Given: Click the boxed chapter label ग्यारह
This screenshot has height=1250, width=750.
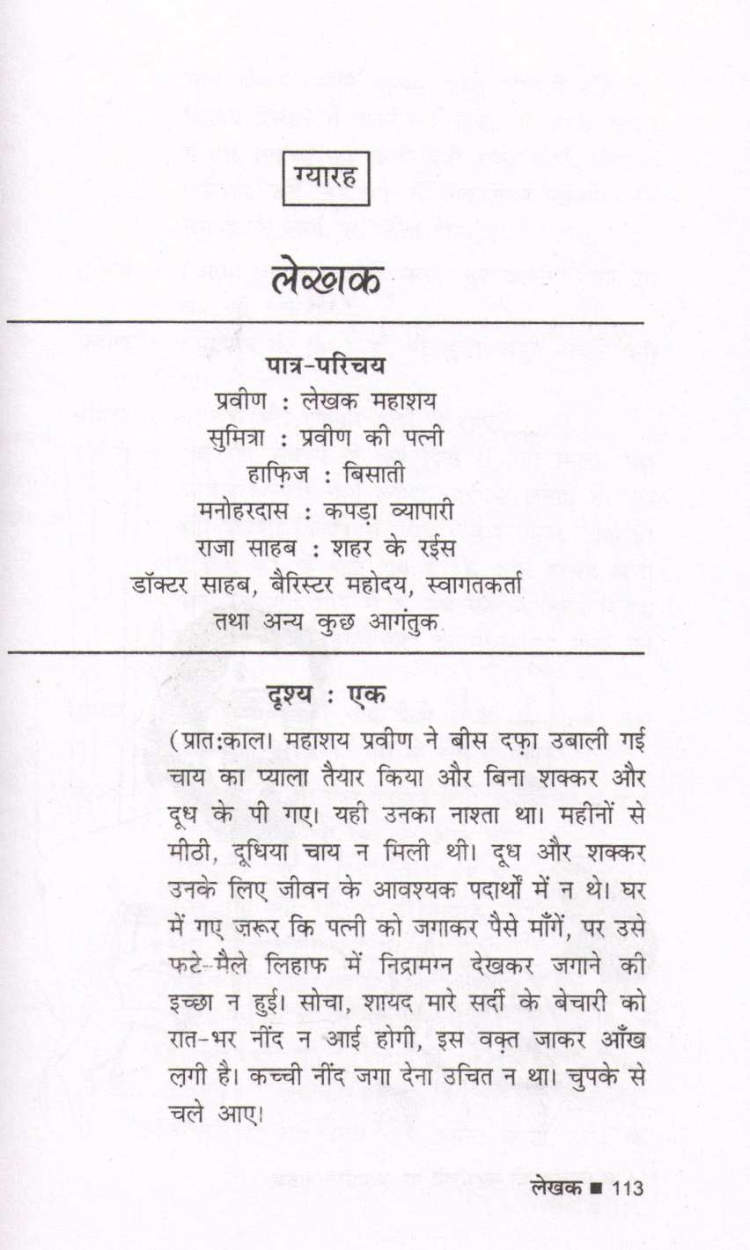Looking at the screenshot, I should pos(326,181).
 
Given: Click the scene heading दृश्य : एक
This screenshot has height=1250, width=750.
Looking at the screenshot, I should pos(325,694).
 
